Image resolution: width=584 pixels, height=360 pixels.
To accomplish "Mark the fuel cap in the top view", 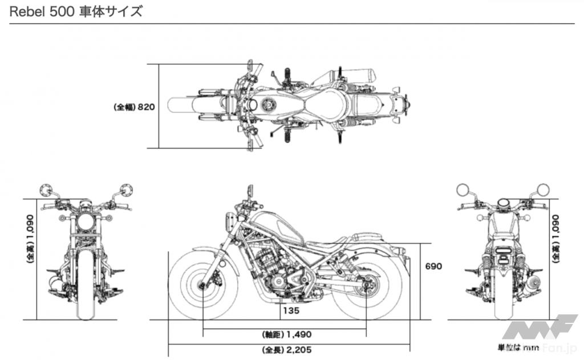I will pos(267,106).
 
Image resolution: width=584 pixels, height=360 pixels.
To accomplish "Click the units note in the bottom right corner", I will pos(517,347).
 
